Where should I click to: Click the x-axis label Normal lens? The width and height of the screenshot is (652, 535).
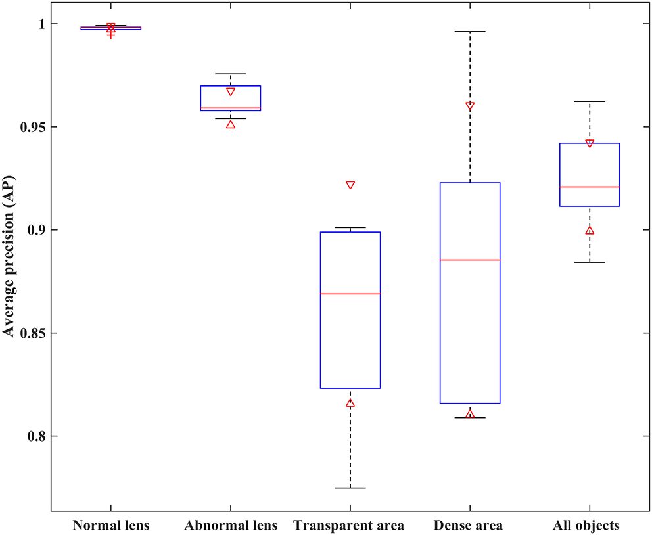[x=110, y=526]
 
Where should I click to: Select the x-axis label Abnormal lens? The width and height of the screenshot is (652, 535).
[x=231, y=526]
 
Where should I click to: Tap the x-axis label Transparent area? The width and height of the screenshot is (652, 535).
[x=349, y=526]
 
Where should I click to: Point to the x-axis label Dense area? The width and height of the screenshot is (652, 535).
[x=469, y=526]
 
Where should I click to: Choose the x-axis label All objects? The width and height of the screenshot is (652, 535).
[x=589, y=526]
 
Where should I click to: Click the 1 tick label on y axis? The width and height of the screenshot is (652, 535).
[x=41, y=24]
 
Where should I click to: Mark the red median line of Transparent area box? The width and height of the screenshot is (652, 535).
[x=350, y=294]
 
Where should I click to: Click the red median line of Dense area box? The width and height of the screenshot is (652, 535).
[x=470, y=260]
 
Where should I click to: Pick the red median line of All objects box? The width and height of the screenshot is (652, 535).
[x=590, y=187]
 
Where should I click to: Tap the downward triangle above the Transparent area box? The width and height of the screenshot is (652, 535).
[x=350, y=185]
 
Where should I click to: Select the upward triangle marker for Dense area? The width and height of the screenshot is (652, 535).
[x=470, y=414]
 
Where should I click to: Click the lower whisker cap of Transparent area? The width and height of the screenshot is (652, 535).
[x=350, y=488]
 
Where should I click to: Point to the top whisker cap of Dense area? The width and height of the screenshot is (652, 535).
[x=470, y=32]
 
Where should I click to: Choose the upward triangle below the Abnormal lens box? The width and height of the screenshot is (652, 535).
[x=231, y=124]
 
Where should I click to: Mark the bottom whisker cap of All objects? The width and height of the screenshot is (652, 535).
[x=590, y=262]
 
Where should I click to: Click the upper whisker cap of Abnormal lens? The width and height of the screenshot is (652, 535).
[x=231, y=74]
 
